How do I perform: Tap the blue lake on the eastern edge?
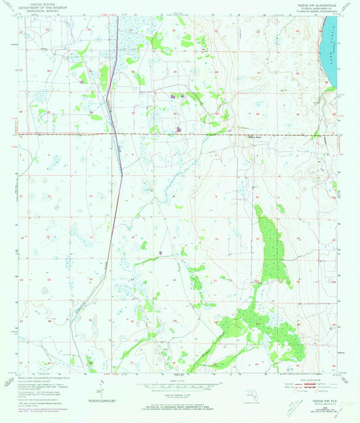[x=332, y=47]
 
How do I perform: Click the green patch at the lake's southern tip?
[x=330, y=88]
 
